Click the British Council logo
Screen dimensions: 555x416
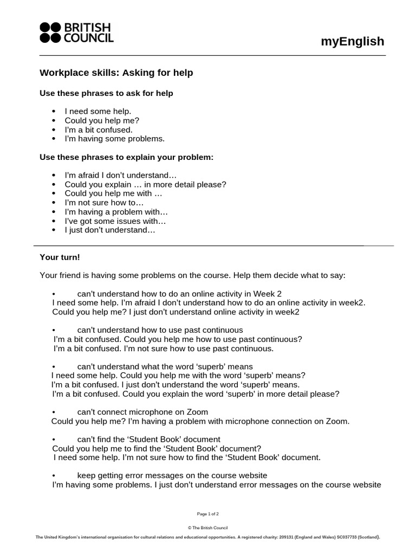point(76,33)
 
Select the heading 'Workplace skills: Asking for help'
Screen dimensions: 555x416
point(116,73)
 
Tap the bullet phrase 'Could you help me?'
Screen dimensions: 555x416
point(98,120)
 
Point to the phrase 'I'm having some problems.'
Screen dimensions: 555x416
point(114,139)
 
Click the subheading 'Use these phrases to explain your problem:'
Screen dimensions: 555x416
point(127,157)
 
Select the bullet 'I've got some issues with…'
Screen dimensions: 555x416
point(115,221)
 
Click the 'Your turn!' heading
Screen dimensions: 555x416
point(60,257)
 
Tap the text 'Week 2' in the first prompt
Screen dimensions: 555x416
point(268,293)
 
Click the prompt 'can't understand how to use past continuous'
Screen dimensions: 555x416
point(160,330)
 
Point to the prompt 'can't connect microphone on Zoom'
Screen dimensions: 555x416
point(142,412)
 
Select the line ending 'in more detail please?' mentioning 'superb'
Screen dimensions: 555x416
point(196,394)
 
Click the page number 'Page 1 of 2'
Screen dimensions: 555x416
point(208,513)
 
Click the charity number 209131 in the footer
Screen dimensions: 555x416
point(287,537)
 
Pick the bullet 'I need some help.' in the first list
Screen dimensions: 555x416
point(98,111)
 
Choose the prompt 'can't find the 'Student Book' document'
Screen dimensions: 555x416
point(148,439)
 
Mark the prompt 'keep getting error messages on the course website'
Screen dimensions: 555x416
point(172,475)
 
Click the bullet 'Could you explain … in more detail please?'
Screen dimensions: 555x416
point(145,184)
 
